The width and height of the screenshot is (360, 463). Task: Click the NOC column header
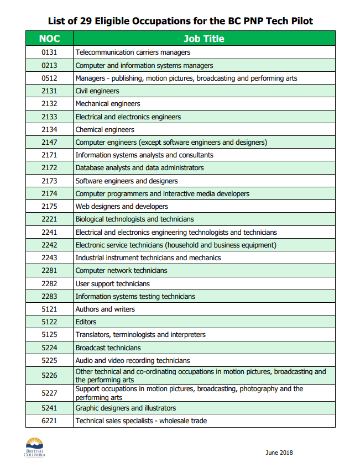coord(49,39)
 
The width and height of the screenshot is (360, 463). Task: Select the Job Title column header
coord(204,39)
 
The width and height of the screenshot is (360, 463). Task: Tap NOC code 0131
coord(49,52)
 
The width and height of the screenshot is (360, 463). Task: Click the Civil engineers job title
coord(97,91)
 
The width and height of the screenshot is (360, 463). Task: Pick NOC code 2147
coord(49,143)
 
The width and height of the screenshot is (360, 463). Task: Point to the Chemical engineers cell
coord(105,130)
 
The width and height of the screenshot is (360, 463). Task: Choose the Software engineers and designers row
coord(127,181)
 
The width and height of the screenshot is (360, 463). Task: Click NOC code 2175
coord(49,207)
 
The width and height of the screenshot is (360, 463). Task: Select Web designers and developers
coord(122,207)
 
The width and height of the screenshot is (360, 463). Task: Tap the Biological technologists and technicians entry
coord(134,219)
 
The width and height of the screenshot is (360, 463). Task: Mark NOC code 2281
coord(49,271)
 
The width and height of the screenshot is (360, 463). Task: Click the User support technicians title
coord(112,284)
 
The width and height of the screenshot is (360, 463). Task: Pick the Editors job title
coord(86,322)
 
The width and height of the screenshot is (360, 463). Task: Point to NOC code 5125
coord(49,335)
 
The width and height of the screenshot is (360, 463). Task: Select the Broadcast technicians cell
coord(108,348)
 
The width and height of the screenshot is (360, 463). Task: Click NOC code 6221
coord(49,421)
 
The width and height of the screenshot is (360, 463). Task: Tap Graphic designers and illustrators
coord(126,408)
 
